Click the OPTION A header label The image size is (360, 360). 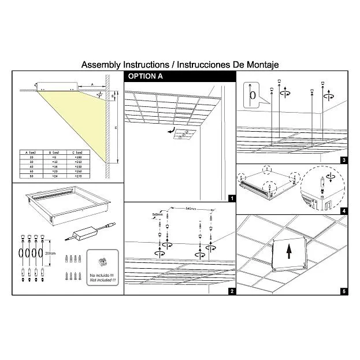tap(145, 76)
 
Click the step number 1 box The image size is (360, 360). tap(232, 198)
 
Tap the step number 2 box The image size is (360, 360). tap(232, 291)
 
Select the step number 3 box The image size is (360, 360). tap(344, 160)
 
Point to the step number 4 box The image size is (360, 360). tap(344, 211)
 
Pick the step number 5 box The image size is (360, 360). tap(344, 291)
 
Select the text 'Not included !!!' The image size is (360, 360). tap(102, 280)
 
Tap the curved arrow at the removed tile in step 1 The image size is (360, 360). tap(169, 131)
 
